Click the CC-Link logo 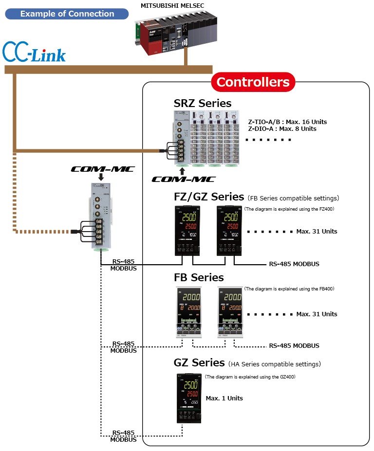pos(34,53)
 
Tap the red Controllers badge pos(253,82)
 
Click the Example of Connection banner pos(67,14)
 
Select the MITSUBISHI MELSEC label pos(172,5)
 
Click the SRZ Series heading pos(203,103)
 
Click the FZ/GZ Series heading pos(209,197)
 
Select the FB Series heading pos(199,277)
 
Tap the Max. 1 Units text pos(224,398)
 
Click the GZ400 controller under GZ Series pos(188,398)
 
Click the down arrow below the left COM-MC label pos(101,177)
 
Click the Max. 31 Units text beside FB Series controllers pos(317,314)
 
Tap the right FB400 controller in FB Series pos(229,312)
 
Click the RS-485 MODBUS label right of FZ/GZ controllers pos(294,264)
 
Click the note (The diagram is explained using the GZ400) pos(250,377)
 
